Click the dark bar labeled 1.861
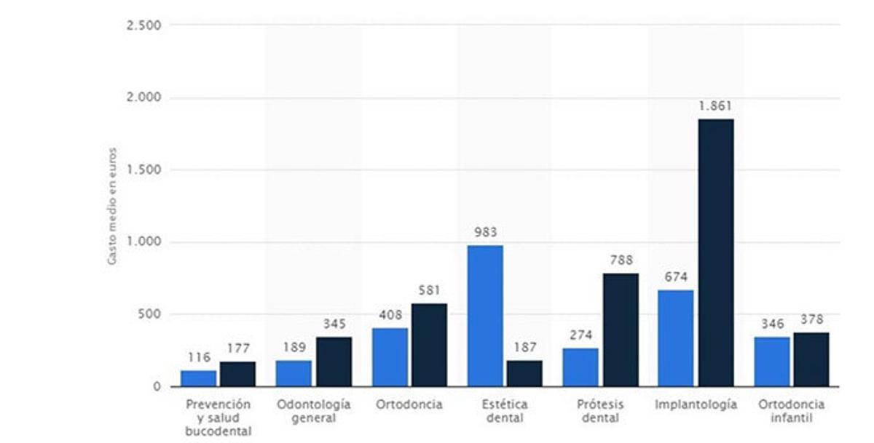[x=716, y=252]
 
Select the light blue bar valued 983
[x=485, y=316]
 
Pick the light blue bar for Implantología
[x=676, y=338]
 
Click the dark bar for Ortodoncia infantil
[x=811, y=359]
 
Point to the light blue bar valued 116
[x=199, y=378]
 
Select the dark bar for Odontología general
[x=334, y=362]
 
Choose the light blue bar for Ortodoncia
[x=390, y=357]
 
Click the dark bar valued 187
[x=524, y=373]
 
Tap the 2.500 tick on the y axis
[x=145, y=25]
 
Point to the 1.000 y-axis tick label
[x=145, y=242]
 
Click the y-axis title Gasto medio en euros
[x=112, y=207]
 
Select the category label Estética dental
[x=505, y=411]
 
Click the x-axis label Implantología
[x=696, y=404]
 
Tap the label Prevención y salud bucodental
[x=218, y=418]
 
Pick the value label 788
[x=621, y=260]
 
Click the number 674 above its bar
[x=676, y=277]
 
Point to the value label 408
[x=390, y=315]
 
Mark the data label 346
[x=772, y=324]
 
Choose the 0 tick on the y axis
[x=156, y=387]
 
